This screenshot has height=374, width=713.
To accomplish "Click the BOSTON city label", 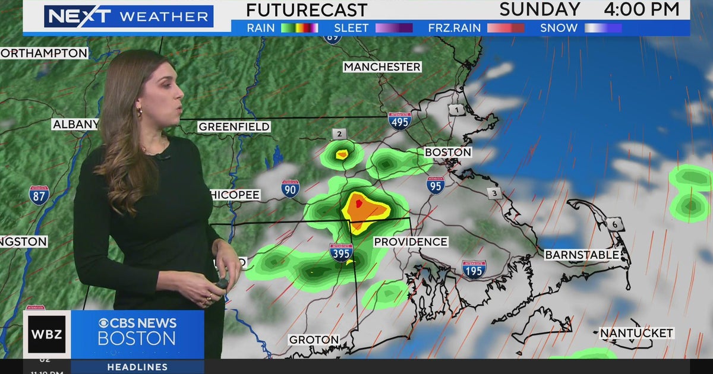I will [x=448, y=153].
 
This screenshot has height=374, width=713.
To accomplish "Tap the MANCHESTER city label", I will [x=382, y=67].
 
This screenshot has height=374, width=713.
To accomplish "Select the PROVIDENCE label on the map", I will [x=410, y=242].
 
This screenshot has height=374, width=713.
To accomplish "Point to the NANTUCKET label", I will [x=636, y=334].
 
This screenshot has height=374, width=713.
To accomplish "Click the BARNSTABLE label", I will [x=582, y=255].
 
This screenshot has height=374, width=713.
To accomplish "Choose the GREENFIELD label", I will [x=234, y=126].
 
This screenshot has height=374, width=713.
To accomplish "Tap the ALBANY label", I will [x=75, y=125].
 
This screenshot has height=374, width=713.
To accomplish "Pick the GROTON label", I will [x=314, y=340].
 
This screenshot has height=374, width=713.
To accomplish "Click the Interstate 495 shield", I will [x=400, y=121].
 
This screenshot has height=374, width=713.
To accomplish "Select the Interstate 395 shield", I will [x=341, y=252].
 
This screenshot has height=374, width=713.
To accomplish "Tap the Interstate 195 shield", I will [x=474, y=269].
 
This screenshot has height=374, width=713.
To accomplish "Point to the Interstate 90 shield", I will [x=291, y=189].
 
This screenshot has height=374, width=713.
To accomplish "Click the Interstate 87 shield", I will [x=39, y=195].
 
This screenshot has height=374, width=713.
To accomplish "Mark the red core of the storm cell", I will [x=359, y=204].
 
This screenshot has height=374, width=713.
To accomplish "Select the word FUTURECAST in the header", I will [x=307, y=10].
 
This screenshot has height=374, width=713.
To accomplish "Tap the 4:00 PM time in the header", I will [x=642, y=9].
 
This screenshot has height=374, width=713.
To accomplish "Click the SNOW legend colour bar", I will [x=603, y=28].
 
